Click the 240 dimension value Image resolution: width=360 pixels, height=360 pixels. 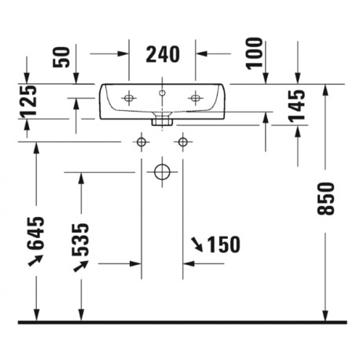[x=163, y=54]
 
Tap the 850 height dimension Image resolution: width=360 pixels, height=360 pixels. [x=325, y=199]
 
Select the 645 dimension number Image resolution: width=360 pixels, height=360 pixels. [x=36, y=233]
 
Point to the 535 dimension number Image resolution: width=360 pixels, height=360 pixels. [x=81, y=240]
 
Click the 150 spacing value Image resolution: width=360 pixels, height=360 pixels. [x=223, y=244]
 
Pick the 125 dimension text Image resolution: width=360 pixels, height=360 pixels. [x=28, y=101]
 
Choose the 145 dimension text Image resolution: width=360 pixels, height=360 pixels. [x=297, y=106]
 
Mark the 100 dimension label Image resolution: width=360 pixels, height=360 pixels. [x=255, y=53]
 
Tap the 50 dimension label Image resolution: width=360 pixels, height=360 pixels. [x=61, y=57]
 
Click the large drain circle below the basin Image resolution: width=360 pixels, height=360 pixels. [x=162, y=172]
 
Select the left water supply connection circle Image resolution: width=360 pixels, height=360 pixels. [x=141, y=142]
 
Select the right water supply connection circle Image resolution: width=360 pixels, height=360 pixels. [x=183, y=142]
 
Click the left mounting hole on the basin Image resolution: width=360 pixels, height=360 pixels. [x=129, y=98]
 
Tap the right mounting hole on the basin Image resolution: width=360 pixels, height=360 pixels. [x=195, y=98]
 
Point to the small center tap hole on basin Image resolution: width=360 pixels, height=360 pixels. [x=162, y=93]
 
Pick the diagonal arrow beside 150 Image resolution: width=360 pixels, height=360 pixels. [x=197, y=244]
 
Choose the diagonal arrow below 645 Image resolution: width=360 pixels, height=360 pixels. [x=35, y=260]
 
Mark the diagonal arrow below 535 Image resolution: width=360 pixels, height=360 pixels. [x=81, y=266]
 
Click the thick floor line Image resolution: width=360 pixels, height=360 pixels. [x=182, y=322]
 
